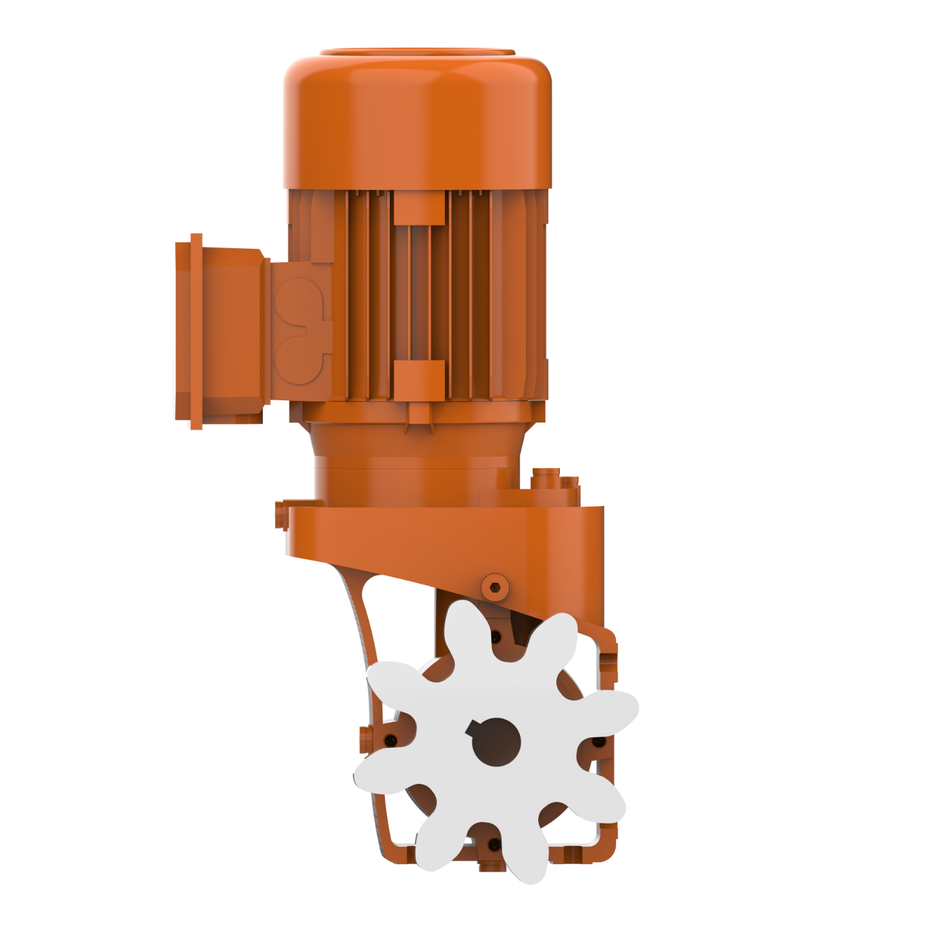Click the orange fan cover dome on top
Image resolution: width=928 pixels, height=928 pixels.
pos(416,118)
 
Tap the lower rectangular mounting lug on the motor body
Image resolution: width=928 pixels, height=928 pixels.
pos(419,379)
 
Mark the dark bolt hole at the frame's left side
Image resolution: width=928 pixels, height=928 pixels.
pos(389,740)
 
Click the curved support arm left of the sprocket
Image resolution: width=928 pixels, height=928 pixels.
pos(362,625)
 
